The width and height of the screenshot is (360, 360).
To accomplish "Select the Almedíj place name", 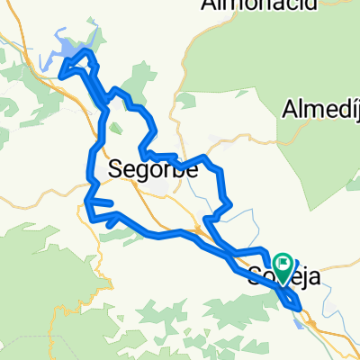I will [x=320, y=111].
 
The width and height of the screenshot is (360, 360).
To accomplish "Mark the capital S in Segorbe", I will [x=116, y=167].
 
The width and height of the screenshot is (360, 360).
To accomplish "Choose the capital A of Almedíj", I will [x=290, y=110].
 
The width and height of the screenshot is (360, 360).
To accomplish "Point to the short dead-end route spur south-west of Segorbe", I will [x=102, y=202].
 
